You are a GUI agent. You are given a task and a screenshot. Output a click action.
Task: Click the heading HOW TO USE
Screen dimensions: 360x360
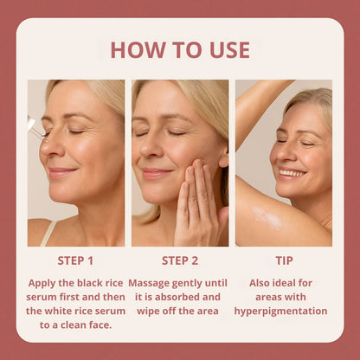point(179,49)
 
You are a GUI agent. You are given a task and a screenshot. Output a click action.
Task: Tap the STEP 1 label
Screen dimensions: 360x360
point(75,260)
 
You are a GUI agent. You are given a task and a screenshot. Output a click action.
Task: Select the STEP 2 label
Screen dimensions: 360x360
point(179,260)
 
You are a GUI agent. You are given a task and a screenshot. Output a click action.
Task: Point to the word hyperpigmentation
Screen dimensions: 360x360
point(280,311)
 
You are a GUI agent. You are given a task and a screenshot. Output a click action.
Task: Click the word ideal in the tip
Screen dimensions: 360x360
point(286,282)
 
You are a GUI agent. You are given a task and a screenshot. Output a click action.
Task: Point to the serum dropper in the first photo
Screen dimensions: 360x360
point(32,125)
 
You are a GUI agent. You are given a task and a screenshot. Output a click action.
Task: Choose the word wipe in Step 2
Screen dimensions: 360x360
point(141,311)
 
